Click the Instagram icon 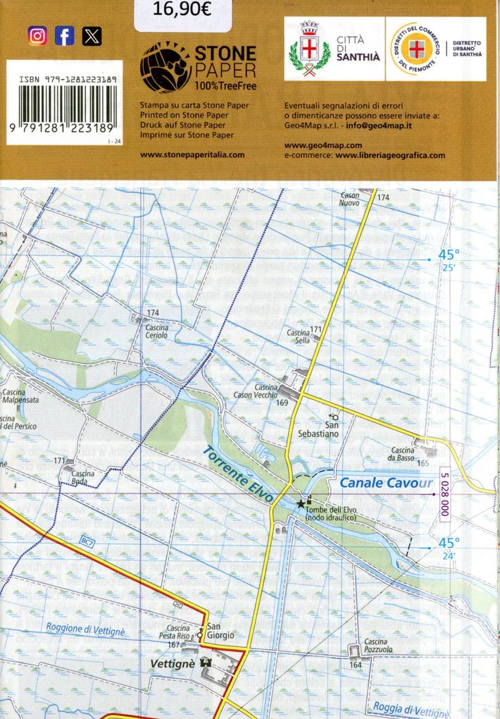(37, 35)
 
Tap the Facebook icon (64, 35)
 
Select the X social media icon (92, 35)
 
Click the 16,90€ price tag (182, 10)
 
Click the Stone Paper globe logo (165, 66)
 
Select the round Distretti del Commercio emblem (418, 49)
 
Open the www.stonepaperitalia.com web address (192, 154)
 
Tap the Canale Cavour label (385, 483)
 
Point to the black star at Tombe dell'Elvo (301, 504)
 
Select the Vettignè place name (172, 663)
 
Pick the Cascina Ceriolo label (156, 331)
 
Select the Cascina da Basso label (403, 455)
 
